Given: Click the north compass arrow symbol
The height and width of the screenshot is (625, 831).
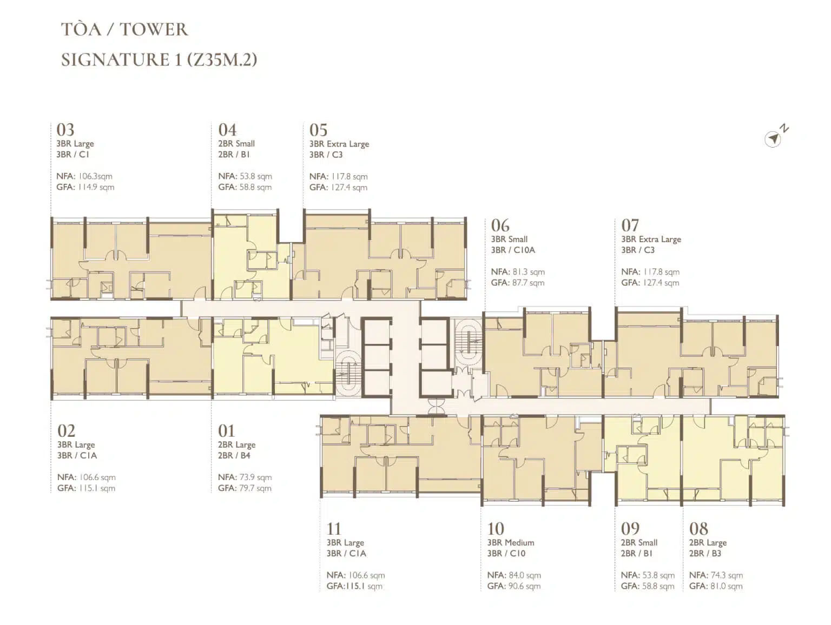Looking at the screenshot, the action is [773, 138].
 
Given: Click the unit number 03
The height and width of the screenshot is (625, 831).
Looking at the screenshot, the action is [65, 130].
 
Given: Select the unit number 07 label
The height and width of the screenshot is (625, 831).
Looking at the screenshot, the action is [630, 225].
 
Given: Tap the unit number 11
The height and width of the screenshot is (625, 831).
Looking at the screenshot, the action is [333, 529].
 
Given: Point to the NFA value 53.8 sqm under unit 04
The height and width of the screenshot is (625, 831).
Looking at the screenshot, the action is [255, 176].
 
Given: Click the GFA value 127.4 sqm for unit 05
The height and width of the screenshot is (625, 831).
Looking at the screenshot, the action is [349, 187].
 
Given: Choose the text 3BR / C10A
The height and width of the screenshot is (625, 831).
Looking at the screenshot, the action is [513, 250].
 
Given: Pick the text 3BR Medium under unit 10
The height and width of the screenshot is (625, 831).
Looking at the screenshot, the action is [511, 542].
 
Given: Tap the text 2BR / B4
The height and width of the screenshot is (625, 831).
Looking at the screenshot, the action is [234, 456].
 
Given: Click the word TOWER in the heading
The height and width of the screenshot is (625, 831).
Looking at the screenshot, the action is [154, 30].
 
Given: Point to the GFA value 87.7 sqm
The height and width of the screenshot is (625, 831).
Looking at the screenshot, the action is [529, 283].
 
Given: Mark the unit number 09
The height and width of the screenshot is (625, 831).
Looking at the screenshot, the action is [630, 529].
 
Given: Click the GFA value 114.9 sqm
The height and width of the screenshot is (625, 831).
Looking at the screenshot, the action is [96, 187].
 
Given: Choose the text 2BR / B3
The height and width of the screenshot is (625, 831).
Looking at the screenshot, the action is [705, 554].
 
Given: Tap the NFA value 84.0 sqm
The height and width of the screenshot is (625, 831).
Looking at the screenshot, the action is [525, 575].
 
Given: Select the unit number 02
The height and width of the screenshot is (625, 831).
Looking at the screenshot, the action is [66, 431].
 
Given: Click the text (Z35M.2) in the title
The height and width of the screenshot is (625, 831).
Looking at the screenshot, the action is [222, 60].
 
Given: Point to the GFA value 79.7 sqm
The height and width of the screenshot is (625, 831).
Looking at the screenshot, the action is [255, 488].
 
